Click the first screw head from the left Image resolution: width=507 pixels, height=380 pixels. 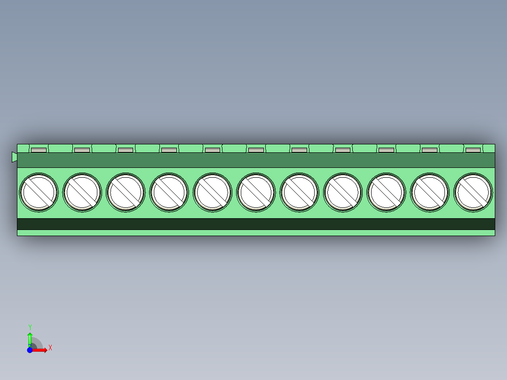click(x=39, y=192)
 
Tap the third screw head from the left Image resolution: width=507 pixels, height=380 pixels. click(x=126, y=192)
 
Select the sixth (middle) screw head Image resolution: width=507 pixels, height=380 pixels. click(x=256, y=192)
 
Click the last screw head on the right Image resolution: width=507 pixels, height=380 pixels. click(x=473, y=192)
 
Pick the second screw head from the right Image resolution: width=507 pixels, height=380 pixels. click(x=429, y=192)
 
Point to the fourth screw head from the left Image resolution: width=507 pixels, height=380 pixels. click(x=169, y=192)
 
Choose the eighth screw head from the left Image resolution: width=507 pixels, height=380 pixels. click(x=343, y=192)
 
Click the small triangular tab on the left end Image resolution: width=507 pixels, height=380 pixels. click(x=14, y=157)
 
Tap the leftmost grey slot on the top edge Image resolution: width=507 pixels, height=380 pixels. click(x=39, y=150)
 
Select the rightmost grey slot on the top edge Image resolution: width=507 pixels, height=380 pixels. click(x=473, y=150)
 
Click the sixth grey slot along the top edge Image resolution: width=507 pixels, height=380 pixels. click(x=256, y=150)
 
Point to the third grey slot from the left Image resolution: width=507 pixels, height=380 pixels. click(x=126, y=150)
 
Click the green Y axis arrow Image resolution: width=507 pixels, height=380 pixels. click(x=30, y=338)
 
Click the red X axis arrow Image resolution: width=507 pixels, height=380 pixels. click(x=40, y=350)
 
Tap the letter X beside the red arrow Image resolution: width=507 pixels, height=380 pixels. click(x=50, y=348)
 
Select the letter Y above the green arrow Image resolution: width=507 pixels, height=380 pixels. click(x=30, y=327)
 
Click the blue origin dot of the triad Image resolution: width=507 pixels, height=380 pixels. click(x=30, y=350)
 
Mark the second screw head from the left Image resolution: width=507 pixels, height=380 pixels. click(x=82, y=192)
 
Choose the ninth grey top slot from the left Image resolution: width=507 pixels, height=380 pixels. click(x=386, y=150)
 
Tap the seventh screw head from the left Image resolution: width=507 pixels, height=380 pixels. click(x=299, y=192)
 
